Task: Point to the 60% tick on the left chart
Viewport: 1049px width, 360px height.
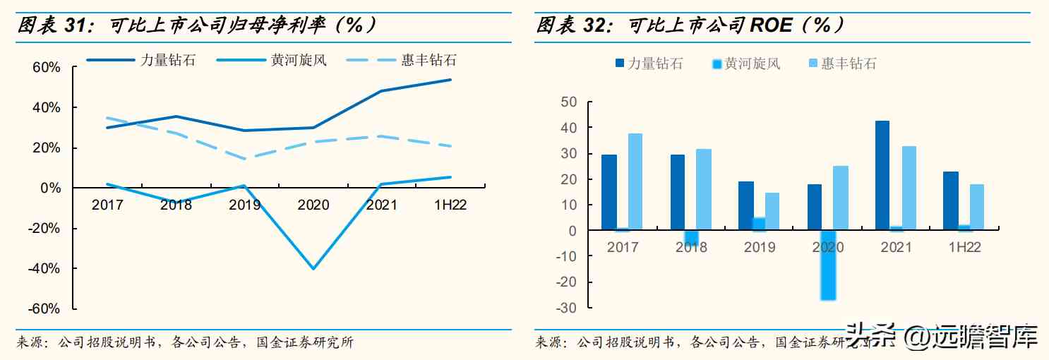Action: click(46, 68)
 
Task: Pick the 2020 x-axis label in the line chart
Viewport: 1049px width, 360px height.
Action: click(313, 205)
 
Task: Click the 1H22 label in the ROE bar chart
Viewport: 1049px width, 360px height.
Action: click(963, 247)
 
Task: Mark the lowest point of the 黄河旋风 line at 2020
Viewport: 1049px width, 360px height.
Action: click(313, 268)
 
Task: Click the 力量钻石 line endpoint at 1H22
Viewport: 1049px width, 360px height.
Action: click(450, 80)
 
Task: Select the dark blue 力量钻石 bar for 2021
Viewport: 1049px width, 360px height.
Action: click(882, 176)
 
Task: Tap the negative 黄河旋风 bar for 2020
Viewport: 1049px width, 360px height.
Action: click(828, 265)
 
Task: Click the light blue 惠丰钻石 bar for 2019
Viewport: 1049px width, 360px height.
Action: click(772, 212)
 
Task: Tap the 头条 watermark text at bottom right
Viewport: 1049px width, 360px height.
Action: click(871, 336)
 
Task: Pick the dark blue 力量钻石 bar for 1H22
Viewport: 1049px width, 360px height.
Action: click(950, 201)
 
